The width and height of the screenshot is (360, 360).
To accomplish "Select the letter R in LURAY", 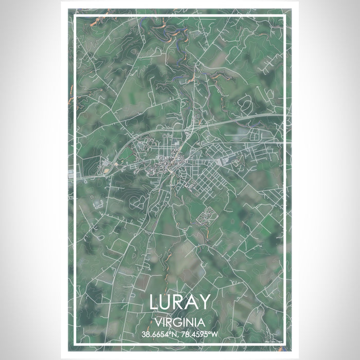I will coord(181,302).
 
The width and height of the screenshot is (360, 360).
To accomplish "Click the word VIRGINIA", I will coord(179,322).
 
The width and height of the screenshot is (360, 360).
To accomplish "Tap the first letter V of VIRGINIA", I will coord(156,322).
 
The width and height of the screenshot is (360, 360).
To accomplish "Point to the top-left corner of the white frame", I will coord(76,16).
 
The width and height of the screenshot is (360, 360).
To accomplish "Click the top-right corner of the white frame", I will coord(284,16).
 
